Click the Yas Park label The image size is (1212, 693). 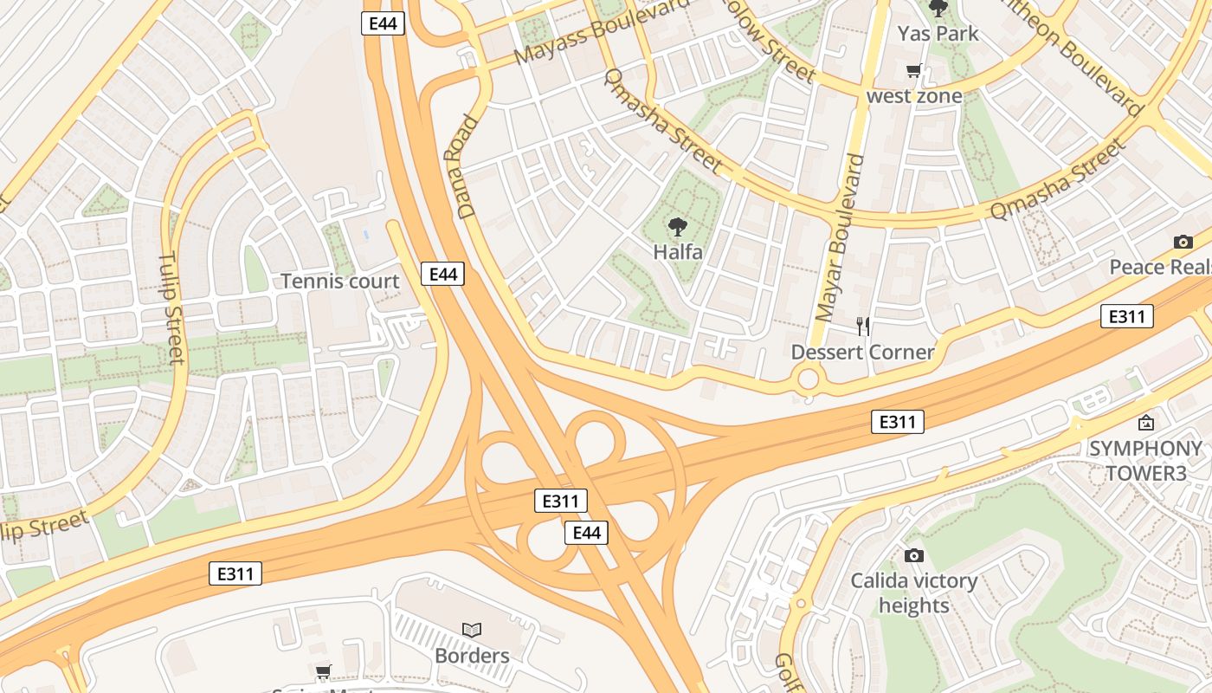pos(938,34)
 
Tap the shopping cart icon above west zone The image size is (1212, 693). pos(913,71)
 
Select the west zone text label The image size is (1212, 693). pos(914,95)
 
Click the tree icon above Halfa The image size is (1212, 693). pos(678,228)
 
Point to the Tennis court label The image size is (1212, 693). pos(340,282)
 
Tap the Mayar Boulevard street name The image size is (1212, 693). pos(840,237)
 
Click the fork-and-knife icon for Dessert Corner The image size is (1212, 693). pos(862,327)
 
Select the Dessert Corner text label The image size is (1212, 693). pos(862,352)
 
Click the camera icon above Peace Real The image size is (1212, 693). pos(1183,243)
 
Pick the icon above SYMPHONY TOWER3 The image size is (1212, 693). pos(1146,423)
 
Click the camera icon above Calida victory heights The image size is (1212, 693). pos(913,555)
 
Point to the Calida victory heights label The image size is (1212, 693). pos(913,593)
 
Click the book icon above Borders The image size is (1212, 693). pos(472,630)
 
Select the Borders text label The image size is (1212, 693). pos(472,656)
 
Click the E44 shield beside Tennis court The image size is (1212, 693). pos(442,275)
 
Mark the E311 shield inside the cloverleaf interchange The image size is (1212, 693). pos(561,501)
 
